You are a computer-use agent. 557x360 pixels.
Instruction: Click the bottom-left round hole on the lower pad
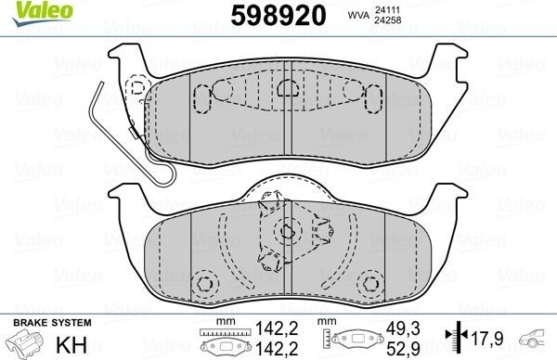coord(204,283)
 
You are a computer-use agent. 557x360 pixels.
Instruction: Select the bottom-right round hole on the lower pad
coord(371,283)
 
